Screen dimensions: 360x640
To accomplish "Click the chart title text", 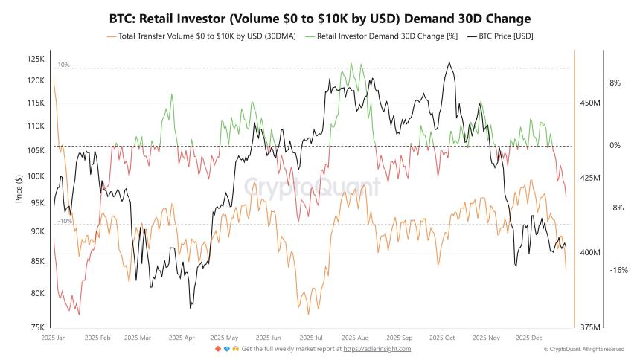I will [320, 17].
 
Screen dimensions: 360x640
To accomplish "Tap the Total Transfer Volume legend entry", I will [206, 36].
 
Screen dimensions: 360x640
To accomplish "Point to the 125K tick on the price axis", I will [36, 59].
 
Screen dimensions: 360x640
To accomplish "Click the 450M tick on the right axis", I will [589, 103].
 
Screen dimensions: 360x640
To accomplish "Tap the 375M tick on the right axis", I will [589, 327].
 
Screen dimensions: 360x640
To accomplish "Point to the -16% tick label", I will [619, 270].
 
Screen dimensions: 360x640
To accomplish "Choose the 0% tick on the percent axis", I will [615, 146].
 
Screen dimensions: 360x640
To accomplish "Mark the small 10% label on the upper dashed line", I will [64, 65].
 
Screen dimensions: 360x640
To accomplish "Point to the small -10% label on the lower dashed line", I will [65, 221].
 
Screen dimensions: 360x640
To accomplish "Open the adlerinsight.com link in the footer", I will [377, 348].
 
